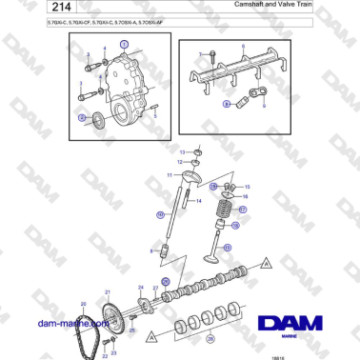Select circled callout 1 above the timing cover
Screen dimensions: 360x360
pos(122,45)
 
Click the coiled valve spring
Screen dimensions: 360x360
pos(226,204)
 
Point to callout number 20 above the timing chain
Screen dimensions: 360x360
pos(83,303)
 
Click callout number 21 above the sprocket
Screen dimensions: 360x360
pos(108,292)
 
